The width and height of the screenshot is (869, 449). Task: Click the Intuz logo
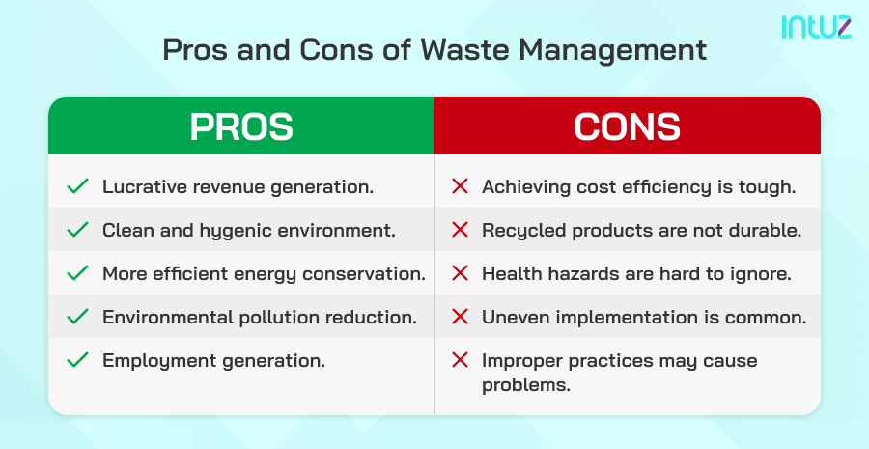(816, 26)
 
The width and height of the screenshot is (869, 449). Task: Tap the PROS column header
(241, 127)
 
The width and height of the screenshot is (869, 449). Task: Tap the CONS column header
(628, 127)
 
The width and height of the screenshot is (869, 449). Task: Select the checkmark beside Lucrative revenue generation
(77, 186)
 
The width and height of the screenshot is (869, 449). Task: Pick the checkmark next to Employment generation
(77, 361)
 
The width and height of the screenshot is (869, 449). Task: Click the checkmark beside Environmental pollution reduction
(77, 317)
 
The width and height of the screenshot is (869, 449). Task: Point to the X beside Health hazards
(460, 273)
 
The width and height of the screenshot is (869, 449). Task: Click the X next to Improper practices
(460, 361)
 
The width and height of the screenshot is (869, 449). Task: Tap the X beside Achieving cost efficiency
(460, 186)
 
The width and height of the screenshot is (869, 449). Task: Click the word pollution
(280, 317)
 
